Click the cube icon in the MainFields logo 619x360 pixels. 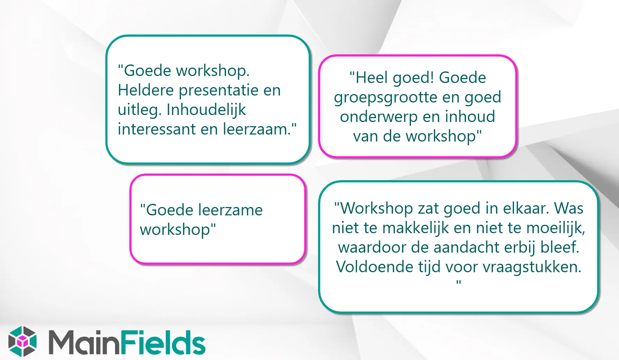tap(22, 342)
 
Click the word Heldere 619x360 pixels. tap(146, 90)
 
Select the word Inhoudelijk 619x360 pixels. tap(206, 110)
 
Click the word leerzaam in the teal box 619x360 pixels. tap(256, 129)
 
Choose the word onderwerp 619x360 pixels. tap(379, 117)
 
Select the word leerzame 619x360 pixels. tap(230, 210)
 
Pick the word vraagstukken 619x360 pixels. tap(531, 267)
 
